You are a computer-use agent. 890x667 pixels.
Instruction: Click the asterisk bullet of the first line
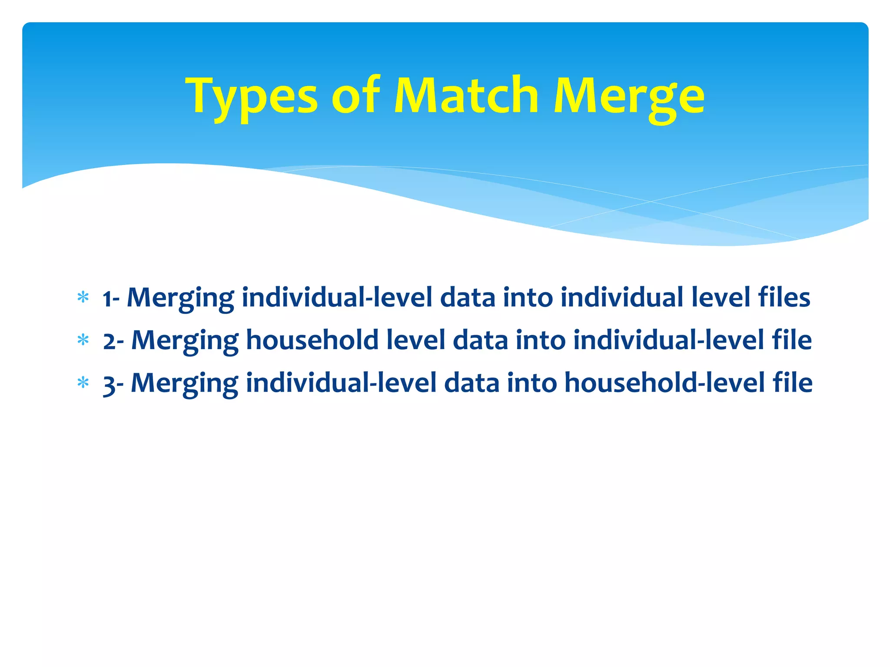click(83, 298)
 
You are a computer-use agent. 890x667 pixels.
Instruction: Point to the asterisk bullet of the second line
click(83, 340)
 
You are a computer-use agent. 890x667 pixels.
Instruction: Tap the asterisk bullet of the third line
click(83, 383)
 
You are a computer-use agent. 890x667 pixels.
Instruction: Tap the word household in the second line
click(312, 340)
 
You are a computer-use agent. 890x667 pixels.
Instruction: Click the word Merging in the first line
click(180, 299)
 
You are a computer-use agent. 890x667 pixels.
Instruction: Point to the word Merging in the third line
click(185, 384)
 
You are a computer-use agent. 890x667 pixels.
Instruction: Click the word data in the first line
click(468, 297)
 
